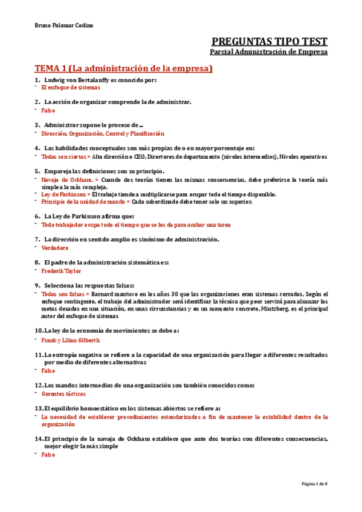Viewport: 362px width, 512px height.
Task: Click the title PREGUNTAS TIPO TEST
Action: point(270,42)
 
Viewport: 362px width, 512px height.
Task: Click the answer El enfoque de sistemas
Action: point(70,88)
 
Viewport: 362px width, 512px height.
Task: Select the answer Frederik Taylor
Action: point(61,271)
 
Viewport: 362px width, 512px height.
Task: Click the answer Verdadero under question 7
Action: point(55,248)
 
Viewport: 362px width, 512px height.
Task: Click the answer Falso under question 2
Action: point(48,110)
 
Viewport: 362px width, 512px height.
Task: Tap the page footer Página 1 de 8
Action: point(314,484)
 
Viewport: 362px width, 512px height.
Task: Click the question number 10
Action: point(39,331)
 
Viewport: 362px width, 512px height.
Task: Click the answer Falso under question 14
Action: point(48,455)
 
